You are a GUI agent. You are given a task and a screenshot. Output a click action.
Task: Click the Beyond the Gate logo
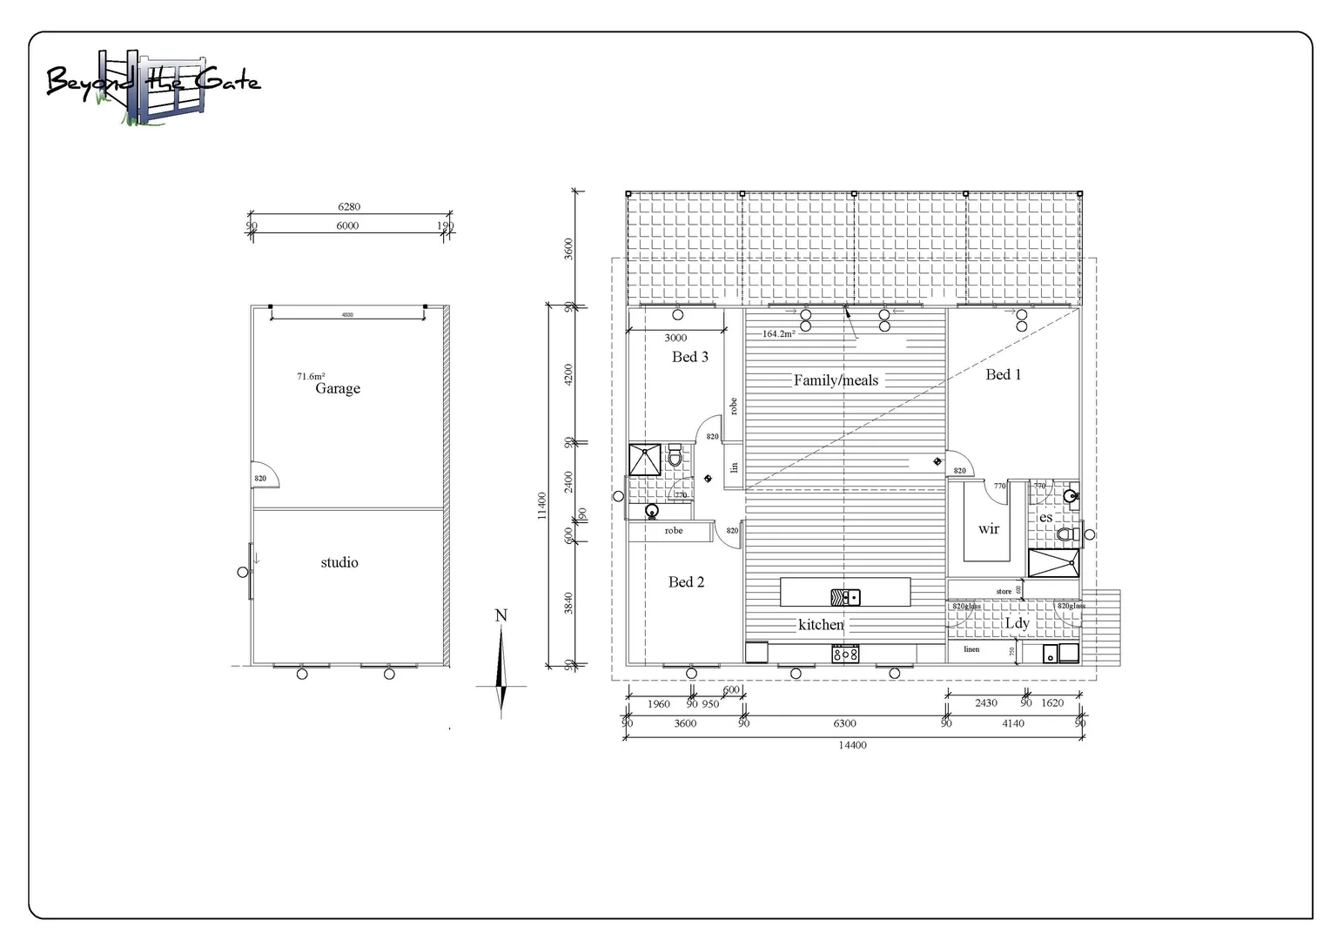pyautogui.click(x=152, y=85)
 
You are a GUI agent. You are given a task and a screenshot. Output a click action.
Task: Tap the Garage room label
pyautogui.click(x=338, y=388)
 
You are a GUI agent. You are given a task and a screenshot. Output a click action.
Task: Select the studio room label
pyautogui.click(x=339, y=562)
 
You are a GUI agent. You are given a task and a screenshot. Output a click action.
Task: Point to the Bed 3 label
pyautogui.click(x=689, y=357)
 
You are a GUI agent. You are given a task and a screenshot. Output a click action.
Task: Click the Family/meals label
pyautogui.click(x=836, y=379)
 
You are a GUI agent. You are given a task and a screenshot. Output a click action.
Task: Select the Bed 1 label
pyautogui.click(x=1003, y=374)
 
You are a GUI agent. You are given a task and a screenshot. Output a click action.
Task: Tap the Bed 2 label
pyautogui.click(x=686, y=581)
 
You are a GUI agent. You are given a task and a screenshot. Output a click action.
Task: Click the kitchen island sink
pyautogui.click(x=845, y=596)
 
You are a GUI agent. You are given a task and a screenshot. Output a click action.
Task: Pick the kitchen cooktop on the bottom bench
pyautogui.click(x=845, y=653)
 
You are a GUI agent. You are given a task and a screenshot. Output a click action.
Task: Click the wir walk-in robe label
pyautogui.click(x=988, y=528)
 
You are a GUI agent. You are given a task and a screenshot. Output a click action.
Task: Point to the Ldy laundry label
pyautogui.click(x=1017, y=623)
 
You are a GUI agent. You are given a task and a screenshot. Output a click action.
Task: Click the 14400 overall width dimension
pyautogui.click(x=852, y=745)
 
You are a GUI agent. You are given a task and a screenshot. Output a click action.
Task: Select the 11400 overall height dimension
pyautogui.click(x=542, y=505)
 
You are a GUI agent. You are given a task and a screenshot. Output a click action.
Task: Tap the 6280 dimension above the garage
pyautogui.click(x=349, y=207)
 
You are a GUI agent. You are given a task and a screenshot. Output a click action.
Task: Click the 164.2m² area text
pyautogui.click(x=778, y=333)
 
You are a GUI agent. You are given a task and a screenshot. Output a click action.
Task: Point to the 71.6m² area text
pyautogui.click(x=311, y=376)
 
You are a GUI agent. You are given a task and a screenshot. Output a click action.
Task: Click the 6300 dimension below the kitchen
pyautogui.click(x=844, y=723)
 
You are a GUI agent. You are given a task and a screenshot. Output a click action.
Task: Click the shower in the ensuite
pyautogui.click(x=1053, y=563)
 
